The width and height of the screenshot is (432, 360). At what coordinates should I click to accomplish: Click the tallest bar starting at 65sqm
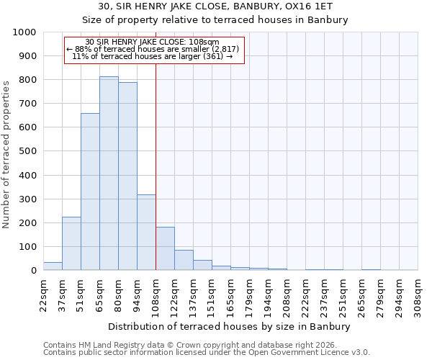coord(109,174)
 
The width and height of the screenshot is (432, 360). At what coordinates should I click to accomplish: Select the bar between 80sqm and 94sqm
coord(127,176)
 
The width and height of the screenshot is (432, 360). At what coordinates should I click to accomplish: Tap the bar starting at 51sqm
coord(90,192)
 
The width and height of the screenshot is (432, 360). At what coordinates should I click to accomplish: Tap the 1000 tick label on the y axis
coord(24,32)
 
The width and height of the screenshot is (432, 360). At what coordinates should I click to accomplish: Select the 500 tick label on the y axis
coord(27,151)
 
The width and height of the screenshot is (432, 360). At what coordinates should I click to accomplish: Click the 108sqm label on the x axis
coord(156,297)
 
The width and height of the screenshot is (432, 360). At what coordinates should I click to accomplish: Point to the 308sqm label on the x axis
coord(418,297)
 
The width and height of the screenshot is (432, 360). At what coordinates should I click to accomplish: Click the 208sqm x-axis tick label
coord(287,297)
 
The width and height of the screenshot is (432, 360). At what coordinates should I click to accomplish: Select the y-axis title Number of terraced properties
coord(6,154)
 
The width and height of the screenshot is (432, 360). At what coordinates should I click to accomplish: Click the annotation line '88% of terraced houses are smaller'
coord(155,49)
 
